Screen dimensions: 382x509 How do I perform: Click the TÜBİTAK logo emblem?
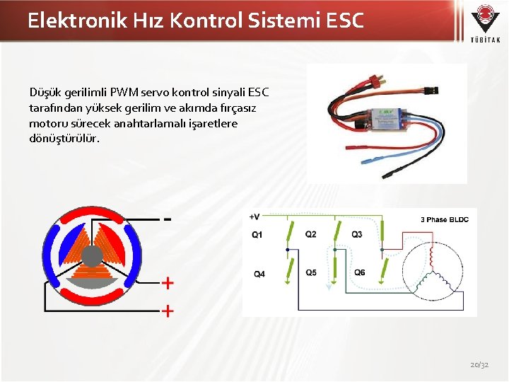[x=486, y=17]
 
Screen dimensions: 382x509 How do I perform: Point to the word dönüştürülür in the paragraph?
[x=64, y=139]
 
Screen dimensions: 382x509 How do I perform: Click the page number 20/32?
[x=479, y=364]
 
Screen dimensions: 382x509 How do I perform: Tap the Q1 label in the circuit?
[x=257, y=234]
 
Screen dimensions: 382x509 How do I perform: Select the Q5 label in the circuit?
[x=311, y=272]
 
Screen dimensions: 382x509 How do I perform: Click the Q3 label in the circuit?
[x=357, y=234]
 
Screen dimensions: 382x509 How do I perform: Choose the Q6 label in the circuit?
[x=360, y=272]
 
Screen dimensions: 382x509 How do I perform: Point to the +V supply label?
[x=255, y=216]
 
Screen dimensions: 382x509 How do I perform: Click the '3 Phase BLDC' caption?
[x=445, y=219]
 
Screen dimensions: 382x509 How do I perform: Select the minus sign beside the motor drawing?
[x=168, y=219]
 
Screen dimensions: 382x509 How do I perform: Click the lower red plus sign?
[x=168, y=310]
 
